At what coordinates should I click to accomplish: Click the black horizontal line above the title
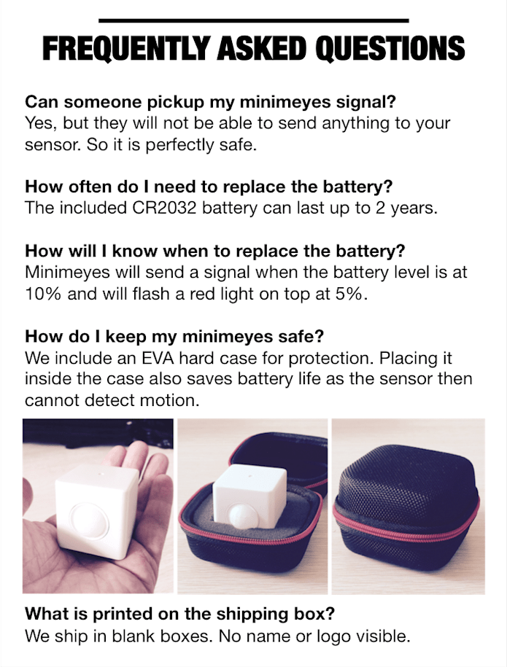pyautogui.click(x=253, y=20)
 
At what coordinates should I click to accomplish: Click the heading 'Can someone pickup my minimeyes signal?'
pyautogui.click(x=210, y=102)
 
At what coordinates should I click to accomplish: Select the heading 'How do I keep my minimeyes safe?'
pyautogui.click(x=174, y=337)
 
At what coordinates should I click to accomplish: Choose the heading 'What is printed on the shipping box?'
pyautogui.click(x=179, y=614)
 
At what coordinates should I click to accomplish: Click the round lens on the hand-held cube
pyautogui.click(x=88, y=523)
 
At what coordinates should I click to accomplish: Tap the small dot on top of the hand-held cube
pyautogui.click(x=100, y=473)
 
